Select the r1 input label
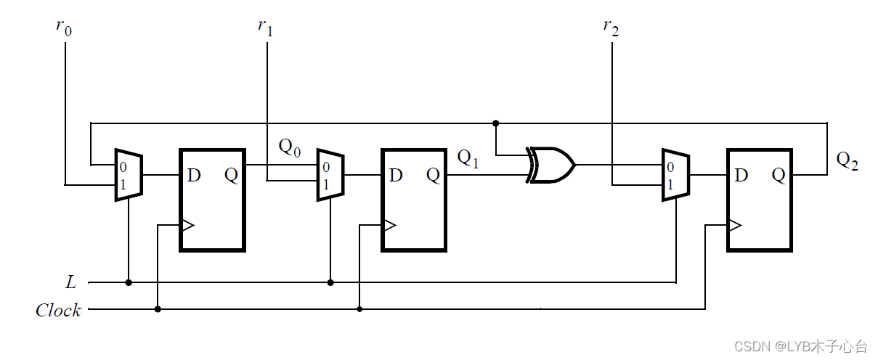point(265,28)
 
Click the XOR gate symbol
point(552,165)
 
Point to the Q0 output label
point(290,148)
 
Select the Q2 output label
point(847,160)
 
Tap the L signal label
point(70,282)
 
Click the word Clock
point(58,311)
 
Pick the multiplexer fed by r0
point(129,175)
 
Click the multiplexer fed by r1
point(330,176)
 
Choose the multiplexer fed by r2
point(676,175)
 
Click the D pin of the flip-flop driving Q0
point(194,176)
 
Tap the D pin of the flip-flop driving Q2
point(741,176)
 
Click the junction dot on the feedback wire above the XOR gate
point(495,123)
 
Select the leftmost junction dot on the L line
point(129,282)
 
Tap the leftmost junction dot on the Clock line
point(158,310)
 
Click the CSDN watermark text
point(798,346)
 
